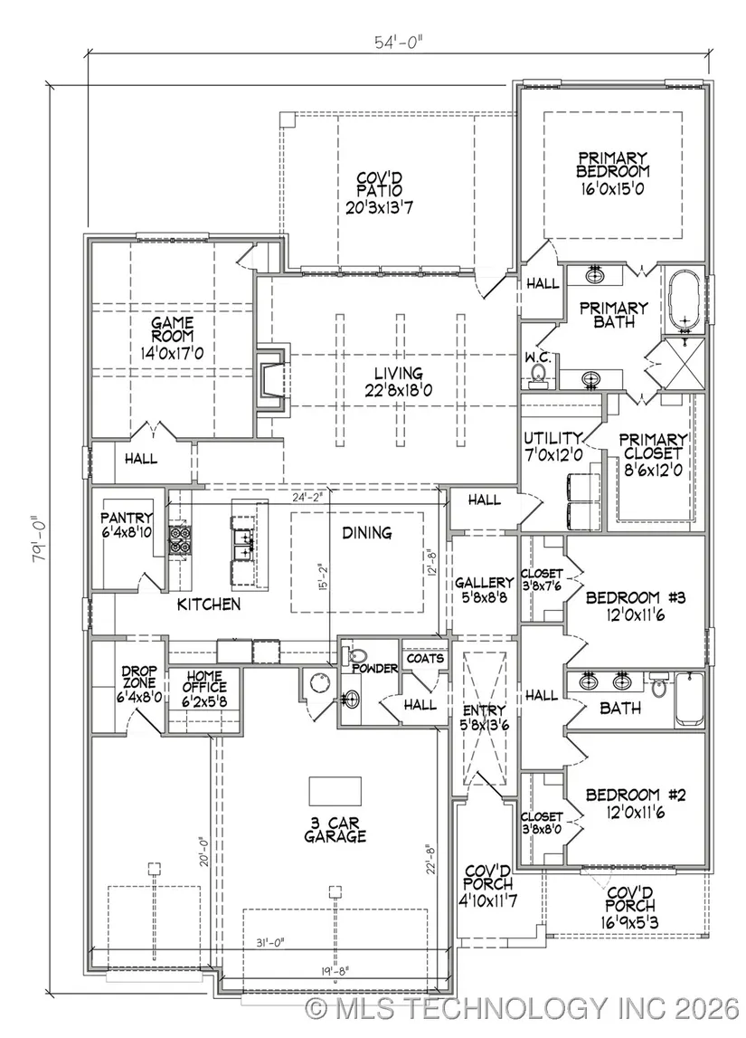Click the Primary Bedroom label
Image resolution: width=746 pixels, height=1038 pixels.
coord(612,174)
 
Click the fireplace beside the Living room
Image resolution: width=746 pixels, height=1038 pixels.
coord(272,381)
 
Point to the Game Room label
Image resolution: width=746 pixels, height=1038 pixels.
coord(172,338)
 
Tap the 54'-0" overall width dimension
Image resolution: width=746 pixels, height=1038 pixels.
coord(399,43)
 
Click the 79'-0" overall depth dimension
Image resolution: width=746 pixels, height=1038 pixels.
coord(40,538)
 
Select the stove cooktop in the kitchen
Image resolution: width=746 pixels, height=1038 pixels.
coord(178,538)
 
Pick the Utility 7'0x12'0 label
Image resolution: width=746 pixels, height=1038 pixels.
coord(552,447)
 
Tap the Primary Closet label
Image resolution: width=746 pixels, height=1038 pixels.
coord(653,455)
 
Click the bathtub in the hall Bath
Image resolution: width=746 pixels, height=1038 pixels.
coord(691,699)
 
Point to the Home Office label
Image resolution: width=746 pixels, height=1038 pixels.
coord(205,688)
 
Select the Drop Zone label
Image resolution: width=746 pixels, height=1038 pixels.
coord(139,684)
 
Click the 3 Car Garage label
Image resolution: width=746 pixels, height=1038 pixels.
coord(335,830)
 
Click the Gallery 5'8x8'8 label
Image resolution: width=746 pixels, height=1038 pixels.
coord(484,589)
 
